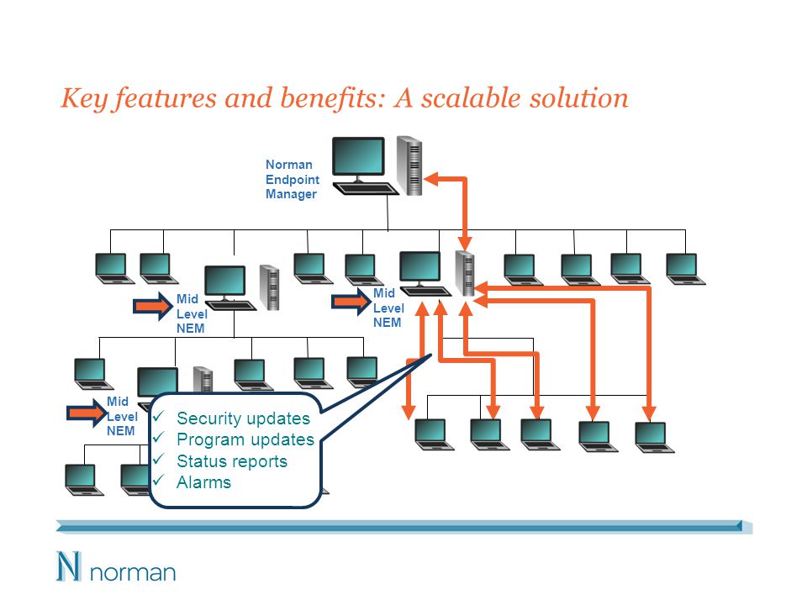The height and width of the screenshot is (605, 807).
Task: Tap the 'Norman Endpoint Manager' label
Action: [x=292, y=179]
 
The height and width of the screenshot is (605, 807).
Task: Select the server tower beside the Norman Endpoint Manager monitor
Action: [x=409, y=166]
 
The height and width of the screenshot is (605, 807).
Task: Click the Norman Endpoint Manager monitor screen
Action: [x=358, y=156]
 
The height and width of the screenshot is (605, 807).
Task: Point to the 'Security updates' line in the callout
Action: [x=243, y=418]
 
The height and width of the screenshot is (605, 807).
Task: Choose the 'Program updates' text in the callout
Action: [x=245, y=439]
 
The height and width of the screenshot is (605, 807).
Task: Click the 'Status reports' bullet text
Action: [x=232, y=461]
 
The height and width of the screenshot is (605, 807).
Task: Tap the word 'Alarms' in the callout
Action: [x=203, y=482]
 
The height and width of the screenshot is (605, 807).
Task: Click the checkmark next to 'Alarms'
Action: [x=158, y=480]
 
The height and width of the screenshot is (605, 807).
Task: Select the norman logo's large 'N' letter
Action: [x=68, y=566]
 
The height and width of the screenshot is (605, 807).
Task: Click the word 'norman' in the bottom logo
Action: [x=133, y=572]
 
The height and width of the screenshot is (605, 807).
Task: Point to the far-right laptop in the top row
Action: [x=685, y=269]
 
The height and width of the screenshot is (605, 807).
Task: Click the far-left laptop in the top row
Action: [x=114, y=268]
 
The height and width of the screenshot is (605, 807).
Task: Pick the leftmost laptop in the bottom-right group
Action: [x=434, y=434]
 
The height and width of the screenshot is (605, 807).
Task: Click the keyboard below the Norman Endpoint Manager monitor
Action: [x=366, y=189]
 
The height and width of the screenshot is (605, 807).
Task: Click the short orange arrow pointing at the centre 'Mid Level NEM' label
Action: [x=351, y=302]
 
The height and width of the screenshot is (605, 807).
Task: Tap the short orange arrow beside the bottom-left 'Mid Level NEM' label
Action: [x=87, y=413]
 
